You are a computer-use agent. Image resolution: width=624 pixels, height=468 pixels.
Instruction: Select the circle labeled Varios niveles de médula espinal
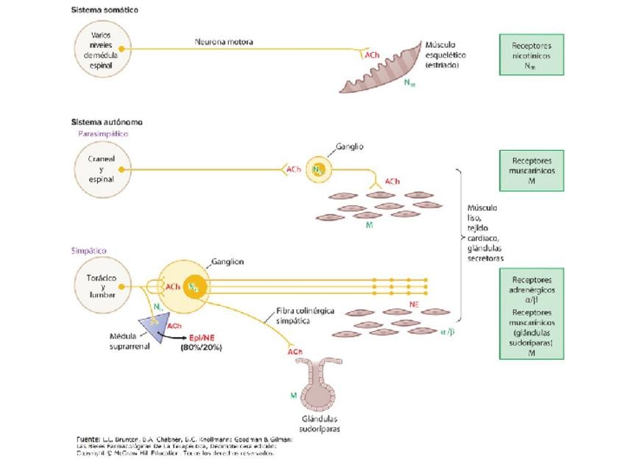pos(103,49)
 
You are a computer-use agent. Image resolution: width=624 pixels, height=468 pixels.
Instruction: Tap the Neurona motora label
pos(224,42)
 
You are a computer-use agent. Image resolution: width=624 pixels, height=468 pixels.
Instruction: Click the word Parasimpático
pos(103,134)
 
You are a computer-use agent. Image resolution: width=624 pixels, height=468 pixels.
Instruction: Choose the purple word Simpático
pos(90,251)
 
